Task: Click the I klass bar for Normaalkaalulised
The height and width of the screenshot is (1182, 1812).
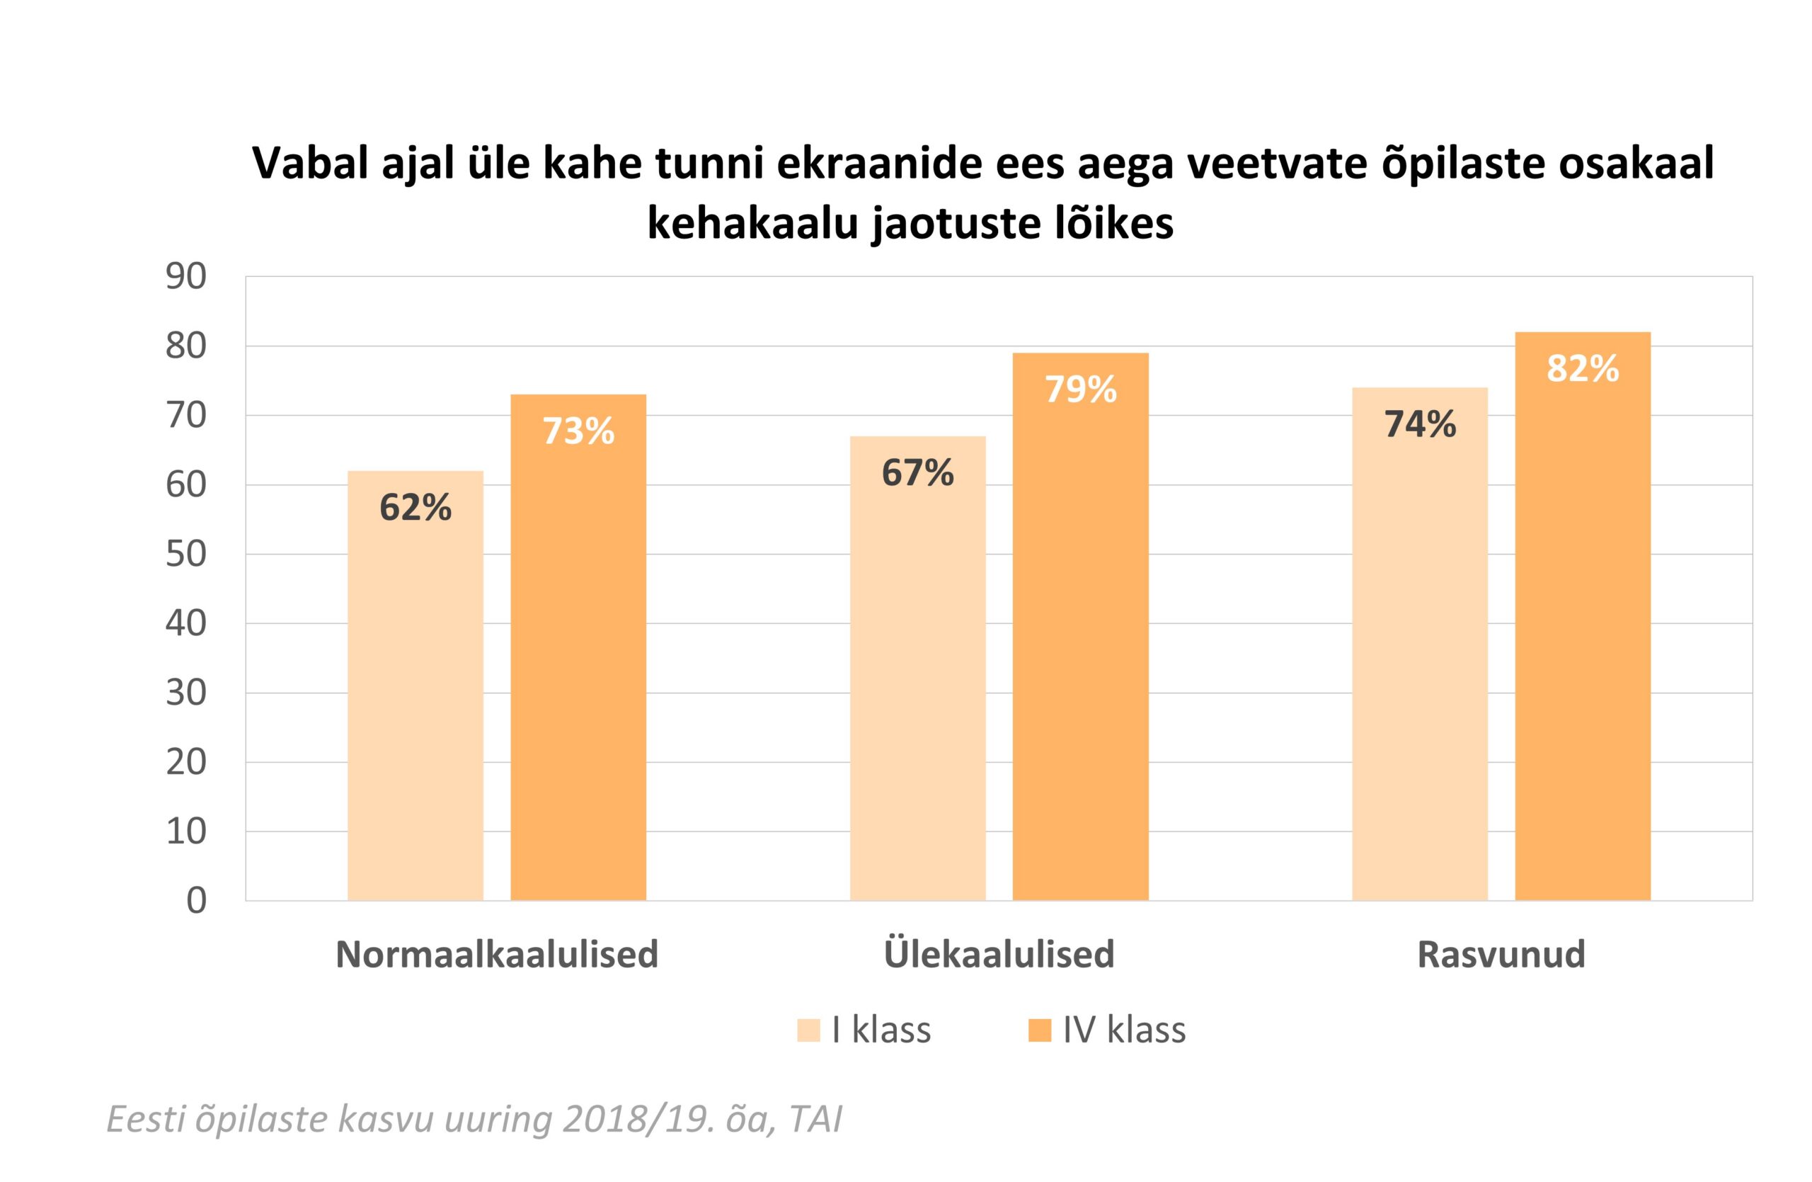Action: coord(415,686)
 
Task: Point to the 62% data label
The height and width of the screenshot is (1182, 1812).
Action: coord(415,507)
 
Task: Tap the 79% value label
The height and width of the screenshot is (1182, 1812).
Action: coord(1080,390)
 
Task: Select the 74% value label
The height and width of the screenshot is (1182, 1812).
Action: coord(1420,424)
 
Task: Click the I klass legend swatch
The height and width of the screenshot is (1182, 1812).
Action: coord(808,1030)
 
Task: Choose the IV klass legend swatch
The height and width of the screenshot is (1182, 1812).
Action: coord(1039,1030)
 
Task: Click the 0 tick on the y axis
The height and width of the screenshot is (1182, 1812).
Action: coord(197,901)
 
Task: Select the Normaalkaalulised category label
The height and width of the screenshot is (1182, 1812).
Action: coord(496,954)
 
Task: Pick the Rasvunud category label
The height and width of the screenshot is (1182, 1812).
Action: coord(1501,954)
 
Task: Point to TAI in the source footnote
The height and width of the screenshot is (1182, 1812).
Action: coord(815,1119)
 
